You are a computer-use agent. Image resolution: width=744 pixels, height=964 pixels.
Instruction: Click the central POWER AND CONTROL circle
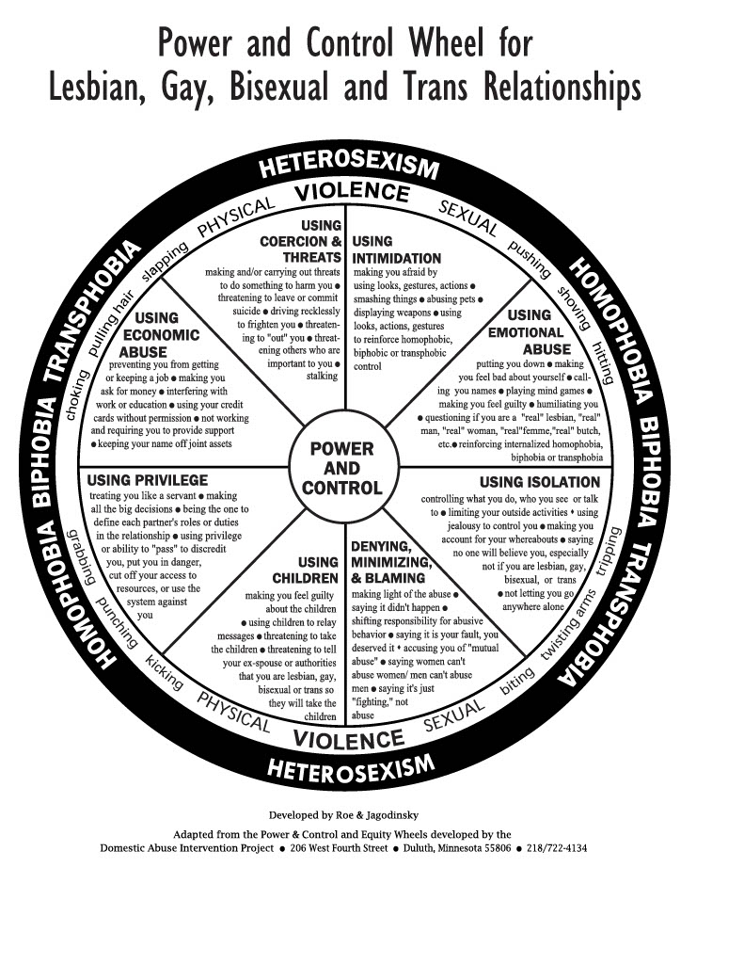343,468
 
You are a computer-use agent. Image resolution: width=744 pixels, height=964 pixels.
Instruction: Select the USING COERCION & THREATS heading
301,242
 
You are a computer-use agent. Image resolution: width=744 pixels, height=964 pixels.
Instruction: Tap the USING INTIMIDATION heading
396,249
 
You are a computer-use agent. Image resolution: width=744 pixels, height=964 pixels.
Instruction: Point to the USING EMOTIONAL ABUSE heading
526,332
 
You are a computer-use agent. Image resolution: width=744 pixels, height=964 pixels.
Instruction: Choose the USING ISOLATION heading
539,482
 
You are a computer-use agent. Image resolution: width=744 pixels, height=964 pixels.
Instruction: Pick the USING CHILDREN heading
306,570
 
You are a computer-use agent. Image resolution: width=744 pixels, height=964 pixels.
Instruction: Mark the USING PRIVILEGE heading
148,480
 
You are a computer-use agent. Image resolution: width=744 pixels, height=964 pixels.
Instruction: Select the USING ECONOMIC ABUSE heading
160,335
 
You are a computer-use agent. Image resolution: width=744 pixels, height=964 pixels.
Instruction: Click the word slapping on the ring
165,262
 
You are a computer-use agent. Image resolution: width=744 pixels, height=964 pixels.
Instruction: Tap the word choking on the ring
77,395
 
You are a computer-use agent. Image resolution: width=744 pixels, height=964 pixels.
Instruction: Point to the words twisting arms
568,625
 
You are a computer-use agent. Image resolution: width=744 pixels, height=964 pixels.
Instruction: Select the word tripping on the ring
610,551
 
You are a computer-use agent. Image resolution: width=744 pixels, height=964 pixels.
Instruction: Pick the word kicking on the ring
164,672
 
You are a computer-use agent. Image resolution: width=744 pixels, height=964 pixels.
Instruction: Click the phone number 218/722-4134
557,848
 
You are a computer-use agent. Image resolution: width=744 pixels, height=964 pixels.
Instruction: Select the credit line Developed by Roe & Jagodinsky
343,815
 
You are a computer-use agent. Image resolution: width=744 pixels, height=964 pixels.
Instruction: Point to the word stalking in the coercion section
323,377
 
